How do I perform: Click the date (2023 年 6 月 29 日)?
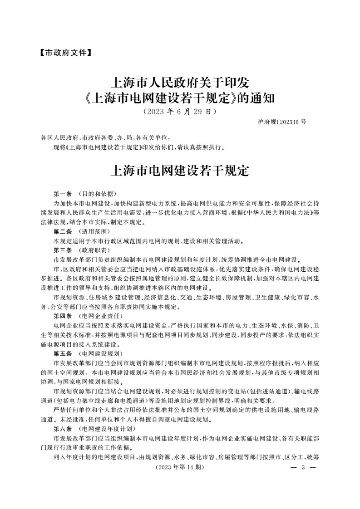pyautogui.click(x=180, y=111)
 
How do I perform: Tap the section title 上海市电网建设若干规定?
pyautogui.click(x=180, y=171)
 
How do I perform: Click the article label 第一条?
pyautogui.click(x=63, y=193)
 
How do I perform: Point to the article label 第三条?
pyautogui.click(x=63, y=250)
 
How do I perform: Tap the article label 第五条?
pyautogui.click(x=63, y=353)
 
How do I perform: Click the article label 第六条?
pyautogui.click(x=63, y=429)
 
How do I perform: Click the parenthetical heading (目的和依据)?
pyautogui.click(x=94, y=193)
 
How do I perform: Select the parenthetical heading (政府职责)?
pyautogui.click(x=94, y=250)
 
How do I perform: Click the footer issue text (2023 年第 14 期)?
pyautogui.click(x=180, y=467)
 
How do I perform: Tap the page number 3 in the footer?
pyautogui.click(x=303, y=467)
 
